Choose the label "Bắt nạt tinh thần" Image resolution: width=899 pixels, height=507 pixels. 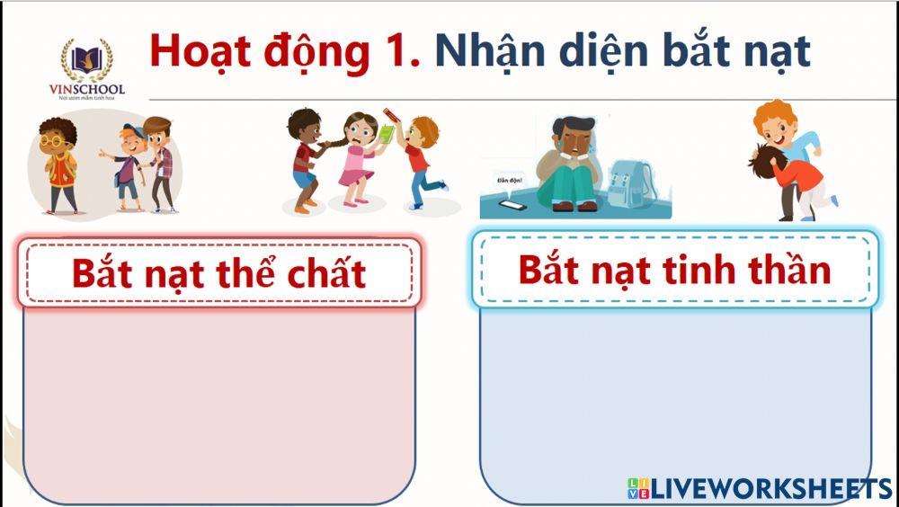click(675, 268)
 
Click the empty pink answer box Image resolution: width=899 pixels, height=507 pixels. click(219, 405)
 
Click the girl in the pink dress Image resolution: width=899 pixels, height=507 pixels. click(360, 157)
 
